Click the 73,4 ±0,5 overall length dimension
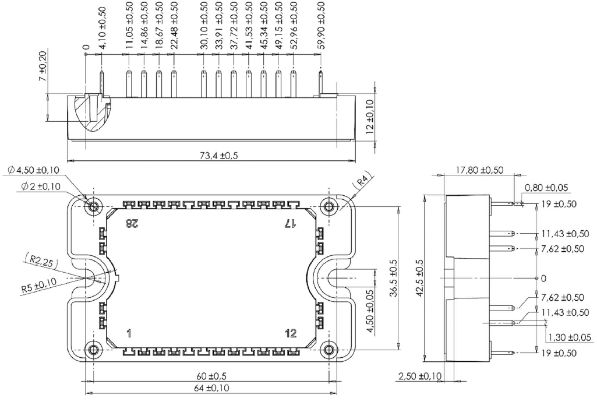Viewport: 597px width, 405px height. tap(219, 156)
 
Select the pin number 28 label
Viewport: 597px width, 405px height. tap(132, 224)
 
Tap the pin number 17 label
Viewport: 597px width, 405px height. tap(290, 224)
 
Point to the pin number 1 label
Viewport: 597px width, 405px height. tap(129, 334)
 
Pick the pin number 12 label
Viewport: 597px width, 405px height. tap(291, 334)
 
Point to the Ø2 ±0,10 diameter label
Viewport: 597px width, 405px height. tap(41, 186)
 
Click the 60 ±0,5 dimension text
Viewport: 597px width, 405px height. tap(211, 376)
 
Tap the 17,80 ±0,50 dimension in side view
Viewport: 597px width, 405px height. tap(480, 170)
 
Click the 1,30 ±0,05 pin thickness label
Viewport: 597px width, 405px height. tap(570, 337)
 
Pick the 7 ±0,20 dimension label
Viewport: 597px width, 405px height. tap(44, 66)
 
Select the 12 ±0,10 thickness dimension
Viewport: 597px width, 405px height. tap(370, 116)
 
